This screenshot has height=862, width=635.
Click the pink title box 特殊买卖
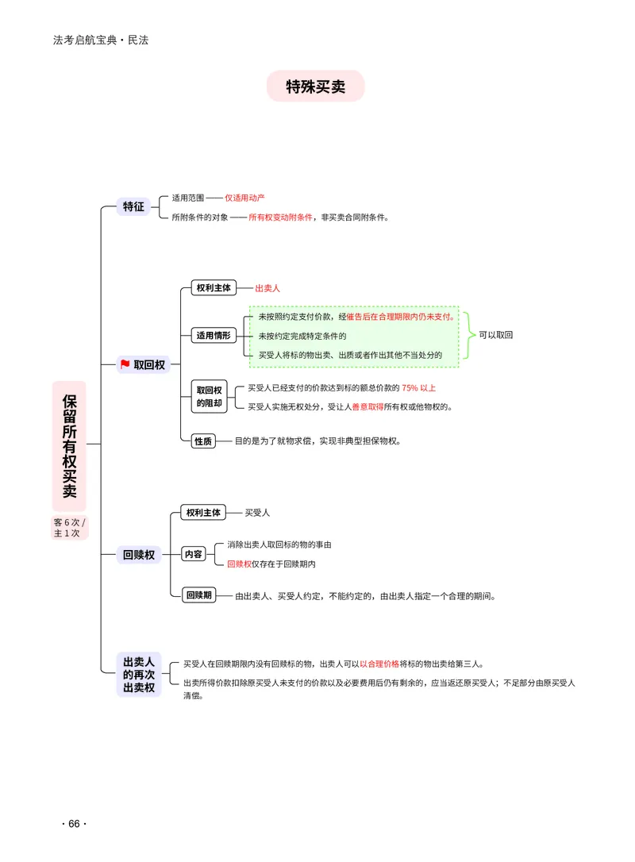(x=316, y=87)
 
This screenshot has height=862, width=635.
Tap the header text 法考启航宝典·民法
(x=101, y=40)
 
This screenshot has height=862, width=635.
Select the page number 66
(x=75, y=824)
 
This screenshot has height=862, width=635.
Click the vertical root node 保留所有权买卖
(x=69, y=446)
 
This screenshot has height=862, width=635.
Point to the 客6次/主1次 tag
(x=69, y=528)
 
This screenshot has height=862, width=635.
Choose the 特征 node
(x=133, y=206)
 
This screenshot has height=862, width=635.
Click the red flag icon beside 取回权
(x=125, y=364)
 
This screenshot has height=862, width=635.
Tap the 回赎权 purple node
(x=139, y=555)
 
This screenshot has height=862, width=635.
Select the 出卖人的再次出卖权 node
(x=139, y=675)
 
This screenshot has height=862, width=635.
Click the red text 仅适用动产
(x=244, y=198)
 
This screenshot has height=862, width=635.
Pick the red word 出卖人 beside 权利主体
(x=267, y=288)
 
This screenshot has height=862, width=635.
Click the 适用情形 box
(x=214, y=335)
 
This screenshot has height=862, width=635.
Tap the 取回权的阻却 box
(x=209, y=396)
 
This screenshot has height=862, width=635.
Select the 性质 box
(x=203, y=441)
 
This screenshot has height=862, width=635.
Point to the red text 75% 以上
(x=419, y=388)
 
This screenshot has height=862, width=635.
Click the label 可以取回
(x=496, y=335)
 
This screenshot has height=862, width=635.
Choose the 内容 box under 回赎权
(x=194, y=554)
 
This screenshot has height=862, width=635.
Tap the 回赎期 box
(x=199, y=595)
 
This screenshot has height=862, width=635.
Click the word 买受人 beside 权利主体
(x=257, y=513)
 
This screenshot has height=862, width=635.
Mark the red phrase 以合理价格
(x=379, y=664)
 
